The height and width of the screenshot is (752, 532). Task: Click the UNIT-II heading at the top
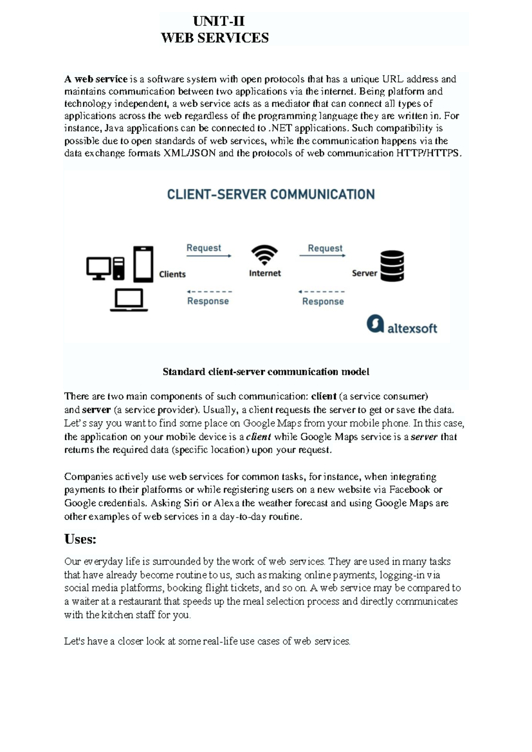click(x=219, y=21)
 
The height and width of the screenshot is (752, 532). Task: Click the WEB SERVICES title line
click(x=215, y=38)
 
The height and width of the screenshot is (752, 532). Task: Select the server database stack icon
click(x=392, y=266)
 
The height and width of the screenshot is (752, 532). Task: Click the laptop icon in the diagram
click(x=129, y=300)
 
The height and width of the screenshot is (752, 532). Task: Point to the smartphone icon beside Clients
click(x=143, y=264)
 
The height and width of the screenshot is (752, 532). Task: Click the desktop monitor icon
click(x=98, y=268)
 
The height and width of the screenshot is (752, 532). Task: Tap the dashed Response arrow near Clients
click(x=209, y=292)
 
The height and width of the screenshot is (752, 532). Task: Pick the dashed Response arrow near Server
click(x=321, y=292)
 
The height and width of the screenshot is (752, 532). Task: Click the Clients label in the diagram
click(x=172, y=274)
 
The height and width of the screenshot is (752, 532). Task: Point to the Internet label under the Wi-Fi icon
click(x=265, y=274)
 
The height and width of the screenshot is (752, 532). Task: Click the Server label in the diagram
click(x=364, y=274)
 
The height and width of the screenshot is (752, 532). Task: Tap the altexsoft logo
click(x=402, y=325)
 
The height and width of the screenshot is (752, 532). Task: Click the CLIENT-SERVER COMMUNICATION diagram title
click(x=271, y=194)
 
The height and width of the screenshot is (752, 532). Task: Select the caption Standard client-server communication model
click(x=266, y=372)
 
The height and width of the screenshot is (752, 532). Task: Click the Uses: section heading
click(x=80, y=539)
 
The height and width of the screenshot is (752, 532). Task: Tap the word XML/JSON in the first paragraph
click(x=190, y=153)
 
